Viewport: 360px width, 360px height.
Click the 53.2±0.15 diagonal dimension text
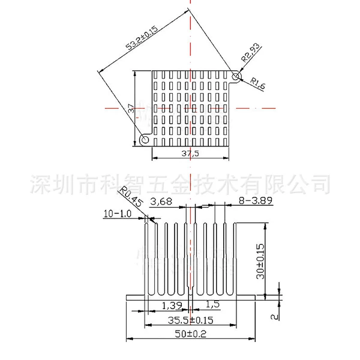pyautogui.click(x=142, y=38)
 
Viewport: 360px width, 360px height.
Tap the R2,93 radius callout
pyautogui.click(x=251, y=52)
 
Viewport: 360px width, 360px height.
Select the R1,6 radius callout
pyautogui.click(x=257, y=83)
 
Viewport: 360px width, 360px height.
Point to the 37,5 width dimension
pyautogui.click(x=190, y=153)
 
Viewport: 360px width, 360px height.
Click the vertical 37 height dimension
pyautogui.click(x=131, y=108)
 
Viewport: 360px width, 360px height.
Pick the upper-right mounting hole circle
pyautogui.click(x=236, y=76)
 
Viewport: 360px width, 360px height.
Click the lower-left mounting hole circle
pyautogui.click(x=145, y=139)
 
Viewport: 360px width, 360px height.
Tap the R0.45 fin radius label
pyautogui.click(x=131, y=197)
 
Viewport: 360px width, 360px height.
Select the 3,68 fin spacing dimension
pyautogui.click(x=161, y=202)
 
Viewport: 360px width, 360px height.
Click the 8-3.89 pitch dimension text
pyautogui.click(x=256, y=200)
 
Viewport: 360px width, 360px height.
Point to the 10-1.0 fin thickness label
pyautogui.click(x=118, y=214)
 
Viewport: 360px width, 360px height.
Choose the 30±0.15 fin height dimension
pyautogui.click(x=260, y=261)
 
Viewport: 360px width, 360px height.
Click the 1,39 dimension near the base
pyautogui.click(x=172, y=305)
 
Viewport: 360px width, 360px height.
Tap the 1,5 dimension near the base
pyautogui.click(x=212, y=304)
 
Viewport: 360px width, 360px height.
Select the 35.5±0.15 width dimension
pyautogui.click(x=190, y=320)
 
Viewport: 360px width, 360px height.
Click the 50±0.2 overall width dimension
pyautogui.click(x=190, y=334)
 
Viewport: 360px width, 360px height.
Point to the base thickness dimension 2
pyautogui.click(x=274, y=317)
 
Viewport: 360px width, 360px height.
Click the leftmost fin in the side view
pyautogui.click(x=146, y=259)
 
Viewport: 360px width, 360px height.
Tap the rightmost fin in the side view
pyautogui.click(x=235, y=259)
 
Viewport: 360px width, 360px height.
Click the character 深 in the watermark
pyautogui.click(x=40, y=184)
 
